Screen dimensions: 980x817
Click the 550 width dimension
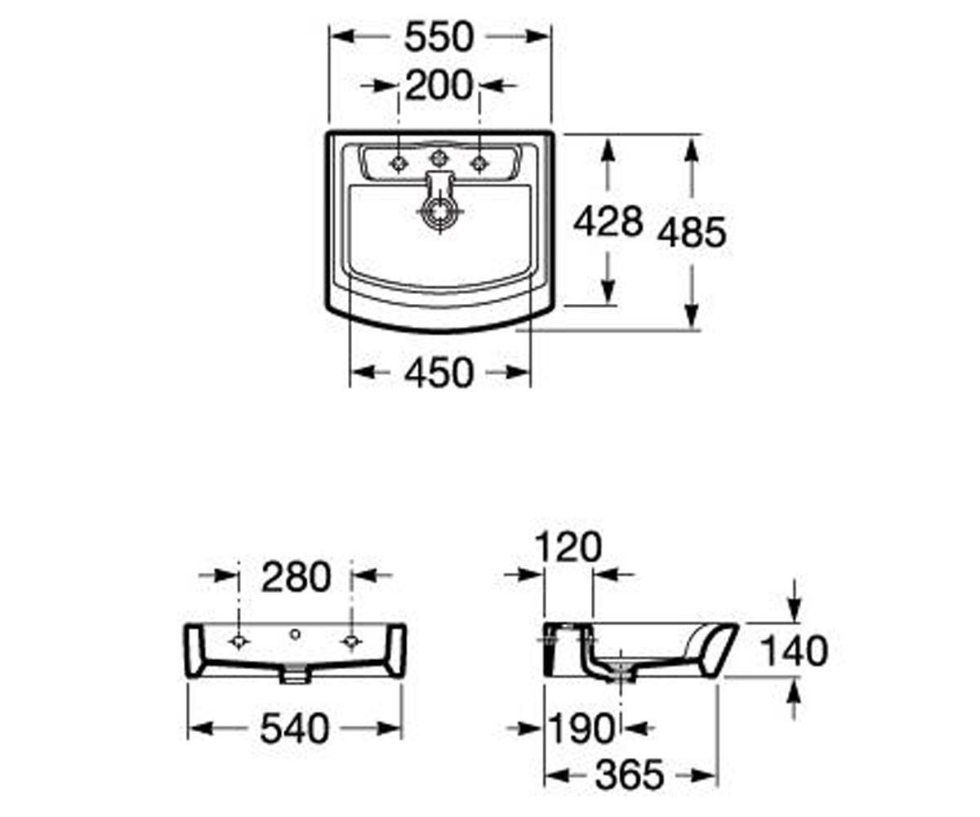click(439, 37)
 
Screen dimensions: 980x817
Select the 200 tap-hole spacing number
click(439, 86)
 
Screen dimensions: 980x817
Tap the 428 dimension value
click(608, 221)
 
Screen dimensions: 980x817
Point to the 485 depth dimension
click(692, 232)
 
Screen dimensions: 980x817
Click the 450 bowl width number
click(439, 373)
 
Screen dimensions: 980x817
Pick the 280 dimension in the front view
click(296, 577)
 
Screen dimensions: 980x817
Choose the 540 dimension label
click(295, 728)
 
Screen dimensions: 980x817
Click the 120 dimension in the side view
click(568, 547)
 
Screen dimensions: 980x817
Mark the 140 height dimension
click(794, 651)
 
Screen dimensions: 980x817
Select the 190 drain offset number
click(581, 728)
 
